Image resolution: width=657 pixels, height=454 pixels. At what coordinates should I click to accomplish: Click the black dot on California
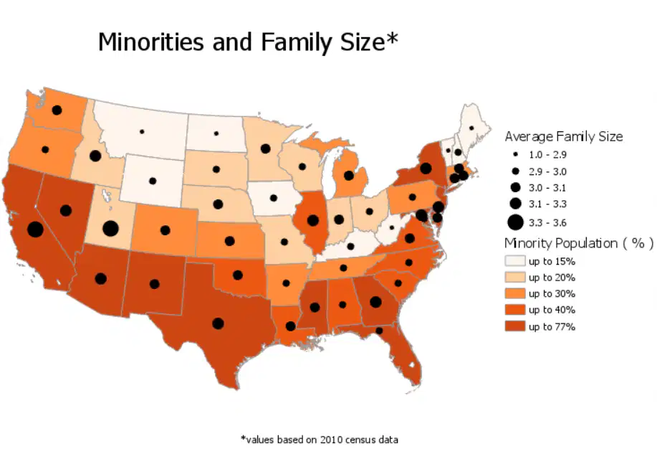[36, 230]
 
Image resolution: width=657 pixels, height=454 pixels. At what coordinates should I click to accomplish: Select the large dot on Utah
[110, 229]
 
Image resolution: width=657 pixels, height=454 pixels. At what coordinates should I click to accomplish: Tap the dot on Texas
[218, 323]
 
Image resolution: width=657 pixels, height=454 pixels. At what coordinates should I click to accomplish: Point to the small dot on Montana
[142, 132]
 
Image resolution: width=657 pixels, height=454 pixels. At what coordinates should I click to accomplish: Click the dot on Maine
[471, 128]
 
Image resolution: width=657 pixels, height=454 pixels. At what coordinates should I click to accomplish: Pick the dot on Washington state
[57, 110]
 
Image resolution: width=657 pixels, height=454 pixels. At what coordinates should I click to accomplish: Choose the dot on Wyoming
[153, 181]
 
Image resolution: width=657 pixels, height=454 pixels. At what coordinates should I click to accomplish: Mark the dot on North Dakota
[216, 133]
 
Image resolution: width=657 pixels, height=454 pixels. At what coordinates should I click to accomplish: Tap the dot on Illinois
[312, 220]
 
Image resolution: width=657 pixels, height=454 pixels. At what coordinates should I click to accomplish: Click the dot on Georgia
[376, 302]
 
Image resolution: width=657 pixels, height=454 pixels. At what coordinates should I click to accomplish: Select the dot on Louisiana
[290, 326]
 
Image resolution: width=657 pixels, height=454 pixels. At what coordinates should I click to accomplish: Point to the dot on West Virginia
[392, 227]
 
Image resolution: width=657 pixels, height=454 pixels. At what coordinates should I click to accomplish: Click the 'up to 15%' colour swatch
[515, 260]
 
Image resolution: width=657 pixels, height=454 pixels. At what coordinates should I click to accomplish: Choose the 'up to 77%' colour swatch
[515, 326]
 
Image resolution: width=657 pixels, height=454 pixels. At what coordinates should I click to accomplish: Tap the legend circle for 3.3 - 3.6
[515, 222]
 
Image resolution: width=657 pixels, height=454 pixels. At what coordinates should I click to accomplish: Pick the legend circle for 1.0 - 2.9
[515, 154]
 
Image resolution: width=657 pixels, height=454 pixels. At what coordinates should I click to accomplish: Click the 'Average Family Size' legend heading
[564, 137]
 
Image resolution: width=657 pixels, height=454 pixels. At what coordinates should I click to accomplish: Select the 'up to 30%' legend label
[552, 294]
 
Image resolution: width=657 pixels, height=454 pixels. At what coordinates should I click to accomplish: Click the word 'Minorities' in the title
[152, 42]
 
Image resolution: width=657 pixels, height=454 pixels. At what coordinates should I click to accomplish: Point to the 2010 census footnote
[320, 440]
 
